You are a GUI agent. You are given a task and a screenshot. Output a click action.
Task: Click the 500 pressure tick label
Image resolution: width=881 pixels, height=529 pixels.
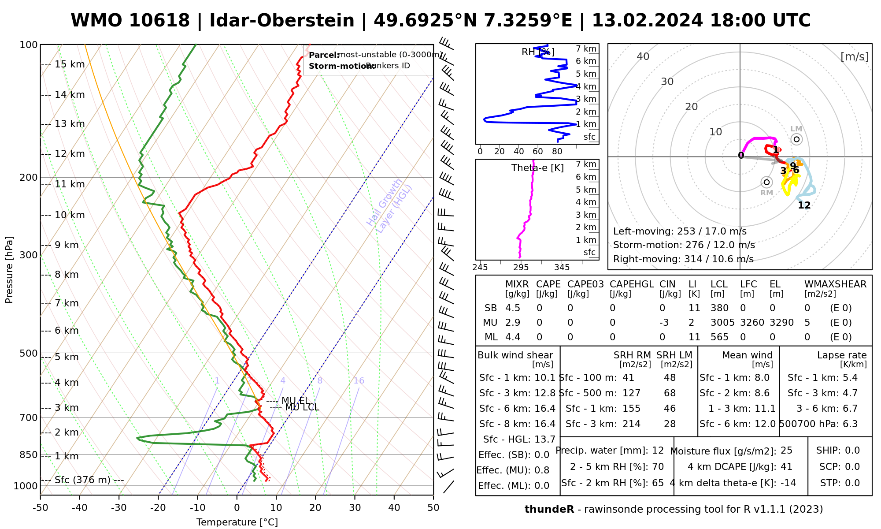29,354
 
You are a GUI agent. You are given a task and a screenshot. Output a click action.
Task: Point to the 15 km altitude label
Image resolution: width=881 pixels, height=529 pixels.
70,65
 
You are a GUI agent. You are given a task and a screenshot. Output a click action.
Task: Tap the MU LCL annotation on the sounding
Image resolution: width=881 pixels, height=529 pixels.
302,407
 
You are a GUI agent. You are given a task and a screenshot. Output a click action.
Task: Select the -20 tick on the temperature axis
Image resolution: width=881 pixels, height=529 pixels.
158,508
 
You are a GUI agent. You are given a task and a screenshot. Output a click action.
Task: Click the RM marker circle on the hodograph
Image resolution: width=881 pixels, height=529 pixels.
766,182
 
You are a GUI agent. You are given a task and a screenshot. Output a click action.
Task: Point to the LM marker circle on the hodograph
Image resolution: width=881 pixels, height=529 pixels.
796,139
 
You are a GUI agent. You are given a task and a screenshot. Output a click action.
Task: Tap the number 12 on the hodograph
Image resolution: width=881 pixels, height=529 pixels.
804,205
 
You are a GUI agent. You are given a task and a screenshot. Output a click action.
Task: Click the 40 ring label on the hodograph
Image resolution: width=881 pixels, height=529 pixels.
643,56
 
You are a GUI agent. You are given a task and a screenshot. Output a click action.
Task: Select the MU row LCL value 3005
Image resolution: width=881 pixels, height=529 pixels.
722,323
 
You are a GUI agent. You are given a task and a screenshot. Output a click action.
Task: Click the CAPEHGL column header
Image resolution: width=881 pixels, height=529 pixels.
632,284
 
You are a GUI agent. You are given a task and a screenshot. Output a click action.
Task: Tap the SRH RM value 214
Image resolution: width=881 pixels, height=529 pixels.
631,424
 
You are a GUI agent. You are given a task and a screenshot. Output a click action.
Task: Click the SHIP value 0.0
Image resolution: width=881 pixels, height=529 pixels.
852,451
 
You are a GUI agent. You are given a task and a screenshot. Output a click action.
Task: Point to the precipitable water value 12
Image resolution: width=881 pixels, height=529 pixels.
658,451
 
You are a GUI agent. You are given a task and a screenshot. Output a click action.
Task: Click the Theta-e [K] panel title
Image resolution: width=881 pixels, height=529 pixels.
537,168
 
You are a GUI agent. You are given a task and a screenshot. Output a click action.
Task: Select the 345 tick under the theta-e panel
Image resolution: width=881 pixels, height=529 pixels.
562,268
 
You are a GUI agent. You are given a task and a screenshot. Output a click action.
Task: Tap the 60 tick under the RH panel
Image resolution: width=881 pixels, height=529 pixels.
538,152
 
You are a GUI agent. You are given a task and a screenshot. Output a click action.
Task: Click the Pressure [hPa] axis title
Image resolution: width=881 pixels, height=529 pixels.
9,270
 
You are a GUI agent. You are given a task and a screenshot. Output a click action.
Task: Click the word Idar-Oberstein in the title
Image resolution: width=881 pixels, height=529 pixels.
282,21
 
